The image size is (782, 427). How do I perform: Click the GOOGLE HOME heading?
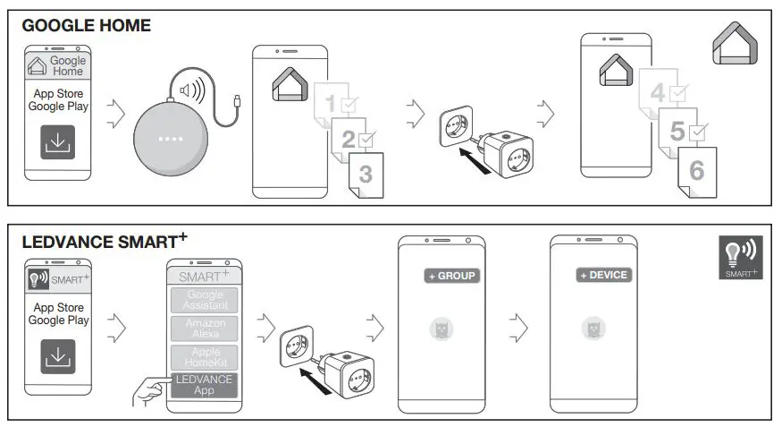(86, 26)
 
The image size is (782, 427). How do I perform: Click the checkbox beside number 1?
(349, 104)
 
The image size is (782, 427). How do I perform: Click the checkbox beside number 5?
(699, 132)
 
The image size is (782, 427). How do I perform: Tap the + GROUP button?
(452, 276)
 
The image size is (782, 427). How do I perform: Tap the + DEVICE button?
(604, 276)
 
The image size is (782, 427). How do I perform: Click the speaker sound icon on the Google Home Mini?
(191, 90)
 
